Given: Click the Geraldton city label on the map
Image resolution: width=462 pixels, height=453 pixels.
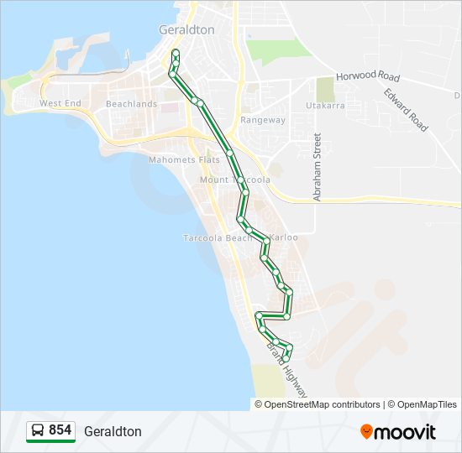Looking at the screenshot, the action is pyautogui.click(x=186, y=29).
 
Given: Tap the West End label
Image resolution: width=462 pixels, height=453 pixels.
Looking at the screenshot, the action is pyautogui.click(x=60, y=103).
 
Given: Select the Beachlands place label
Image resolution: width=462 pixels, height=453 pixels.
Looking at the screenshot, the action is pyautogui.click(x=131, y=104).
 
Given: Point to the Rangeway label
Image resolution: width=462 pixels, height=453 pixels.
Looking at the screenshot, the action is pyautogui.click(x=263, y=120).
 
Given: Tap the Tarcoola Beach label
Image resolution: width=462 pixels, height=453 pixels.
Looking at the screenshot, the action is pyautogui.click(x=218, y=238).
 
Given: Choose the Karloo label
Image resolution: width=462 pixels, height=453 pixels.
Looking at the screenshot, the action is pyautogui.click(x=284, y=237).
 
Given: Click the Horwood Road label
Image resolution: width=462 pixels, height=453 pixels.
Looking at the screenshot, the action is pyautogui.click(x=368, y=76).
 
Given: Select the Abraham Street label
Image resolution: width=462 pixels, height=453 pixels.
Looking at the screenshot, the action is pyautogui.click(x=318, y=167).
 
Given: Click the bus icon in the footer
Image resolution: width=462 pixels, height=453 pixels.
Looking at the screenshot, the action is pyautogui.click(x=38, y=431).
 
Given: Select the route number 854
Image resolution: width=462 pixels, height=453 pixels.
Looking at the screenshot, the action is pyautogui.click(x=60, y=430).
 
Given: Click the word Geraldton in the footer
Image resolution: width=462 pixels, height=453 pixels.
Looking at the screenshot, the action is pyautogui.click(x=113, y=431).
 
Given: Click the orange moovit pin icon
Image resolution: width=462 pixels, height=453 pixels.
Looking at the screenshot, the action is pyautogui.click(x=366, y=431).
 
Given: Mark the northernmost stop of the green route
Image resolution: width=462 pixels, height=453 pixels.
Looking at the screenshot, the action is pyautogui.click(x=176, y=53).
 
